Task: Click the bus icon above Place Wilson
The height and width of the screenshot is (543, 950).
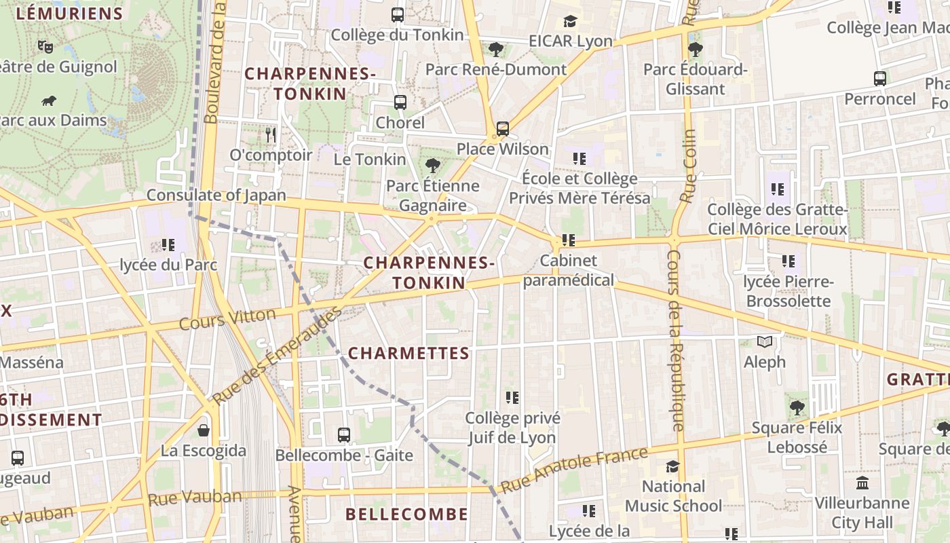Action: click(502, 128)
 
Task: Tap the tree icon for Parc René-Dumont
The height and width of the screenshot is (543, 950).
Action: click(496, 49)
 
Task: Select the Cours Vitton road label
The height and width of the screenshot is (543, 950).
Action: click(227, 318)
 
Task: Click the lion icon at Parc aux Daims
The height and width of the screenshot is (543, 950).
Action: click(48, 101)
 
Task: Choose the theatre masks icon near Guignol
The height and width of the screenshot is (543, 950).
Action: click(45, 46)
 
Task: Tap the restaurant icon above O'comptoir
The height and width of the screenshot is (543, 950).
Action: click(271, 134)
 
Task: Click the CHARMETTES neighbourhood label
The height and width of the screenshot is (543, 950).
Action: click(408, 353)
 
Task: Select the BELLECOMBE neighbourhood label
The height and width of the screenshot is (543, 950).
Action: click(406, 514)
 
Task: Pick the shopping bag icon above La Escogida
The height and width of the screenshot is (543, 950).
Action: click(204, 430)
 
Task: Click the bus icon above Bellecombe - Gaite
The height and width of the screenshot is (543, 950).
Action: click(344, 434)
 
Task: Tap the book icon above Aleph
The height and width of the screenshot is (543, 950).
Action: click(765, 342)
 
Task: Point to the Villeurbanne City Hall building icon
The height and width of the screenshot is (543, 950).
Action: click(862, 483)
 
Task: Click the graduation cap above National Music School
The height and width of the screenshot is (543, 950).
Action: click(672, 466)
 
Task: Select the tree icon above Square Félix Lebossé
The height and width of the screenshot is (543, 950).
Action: click(797, 408)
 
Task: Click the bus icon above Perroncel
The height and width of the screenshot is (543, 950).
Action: click(880, 79)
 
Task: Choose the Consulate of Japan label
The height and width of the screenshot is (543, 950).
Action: click(216, 195)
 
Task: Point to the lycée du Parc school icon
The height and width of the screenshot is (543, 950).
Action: click(168, 244)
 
